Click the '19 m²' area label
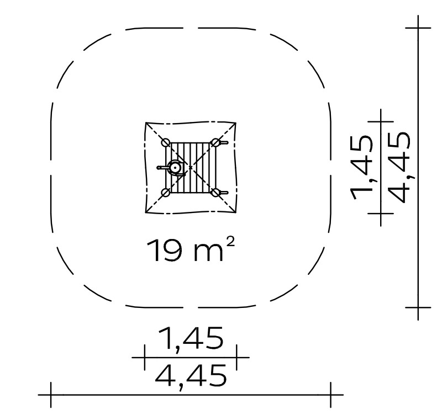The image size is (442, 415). pos(191,250)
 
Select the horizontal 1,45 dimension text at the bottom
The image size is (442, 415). pos(191,339)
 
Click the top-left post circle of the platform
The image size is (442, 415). pos(166,142)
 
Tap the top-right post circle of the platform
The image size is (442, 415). pos(215,142)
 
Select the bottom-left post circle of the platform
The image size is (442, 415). pos(166,193)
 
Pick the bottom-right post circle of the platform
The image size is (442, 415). pos(215,193)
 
